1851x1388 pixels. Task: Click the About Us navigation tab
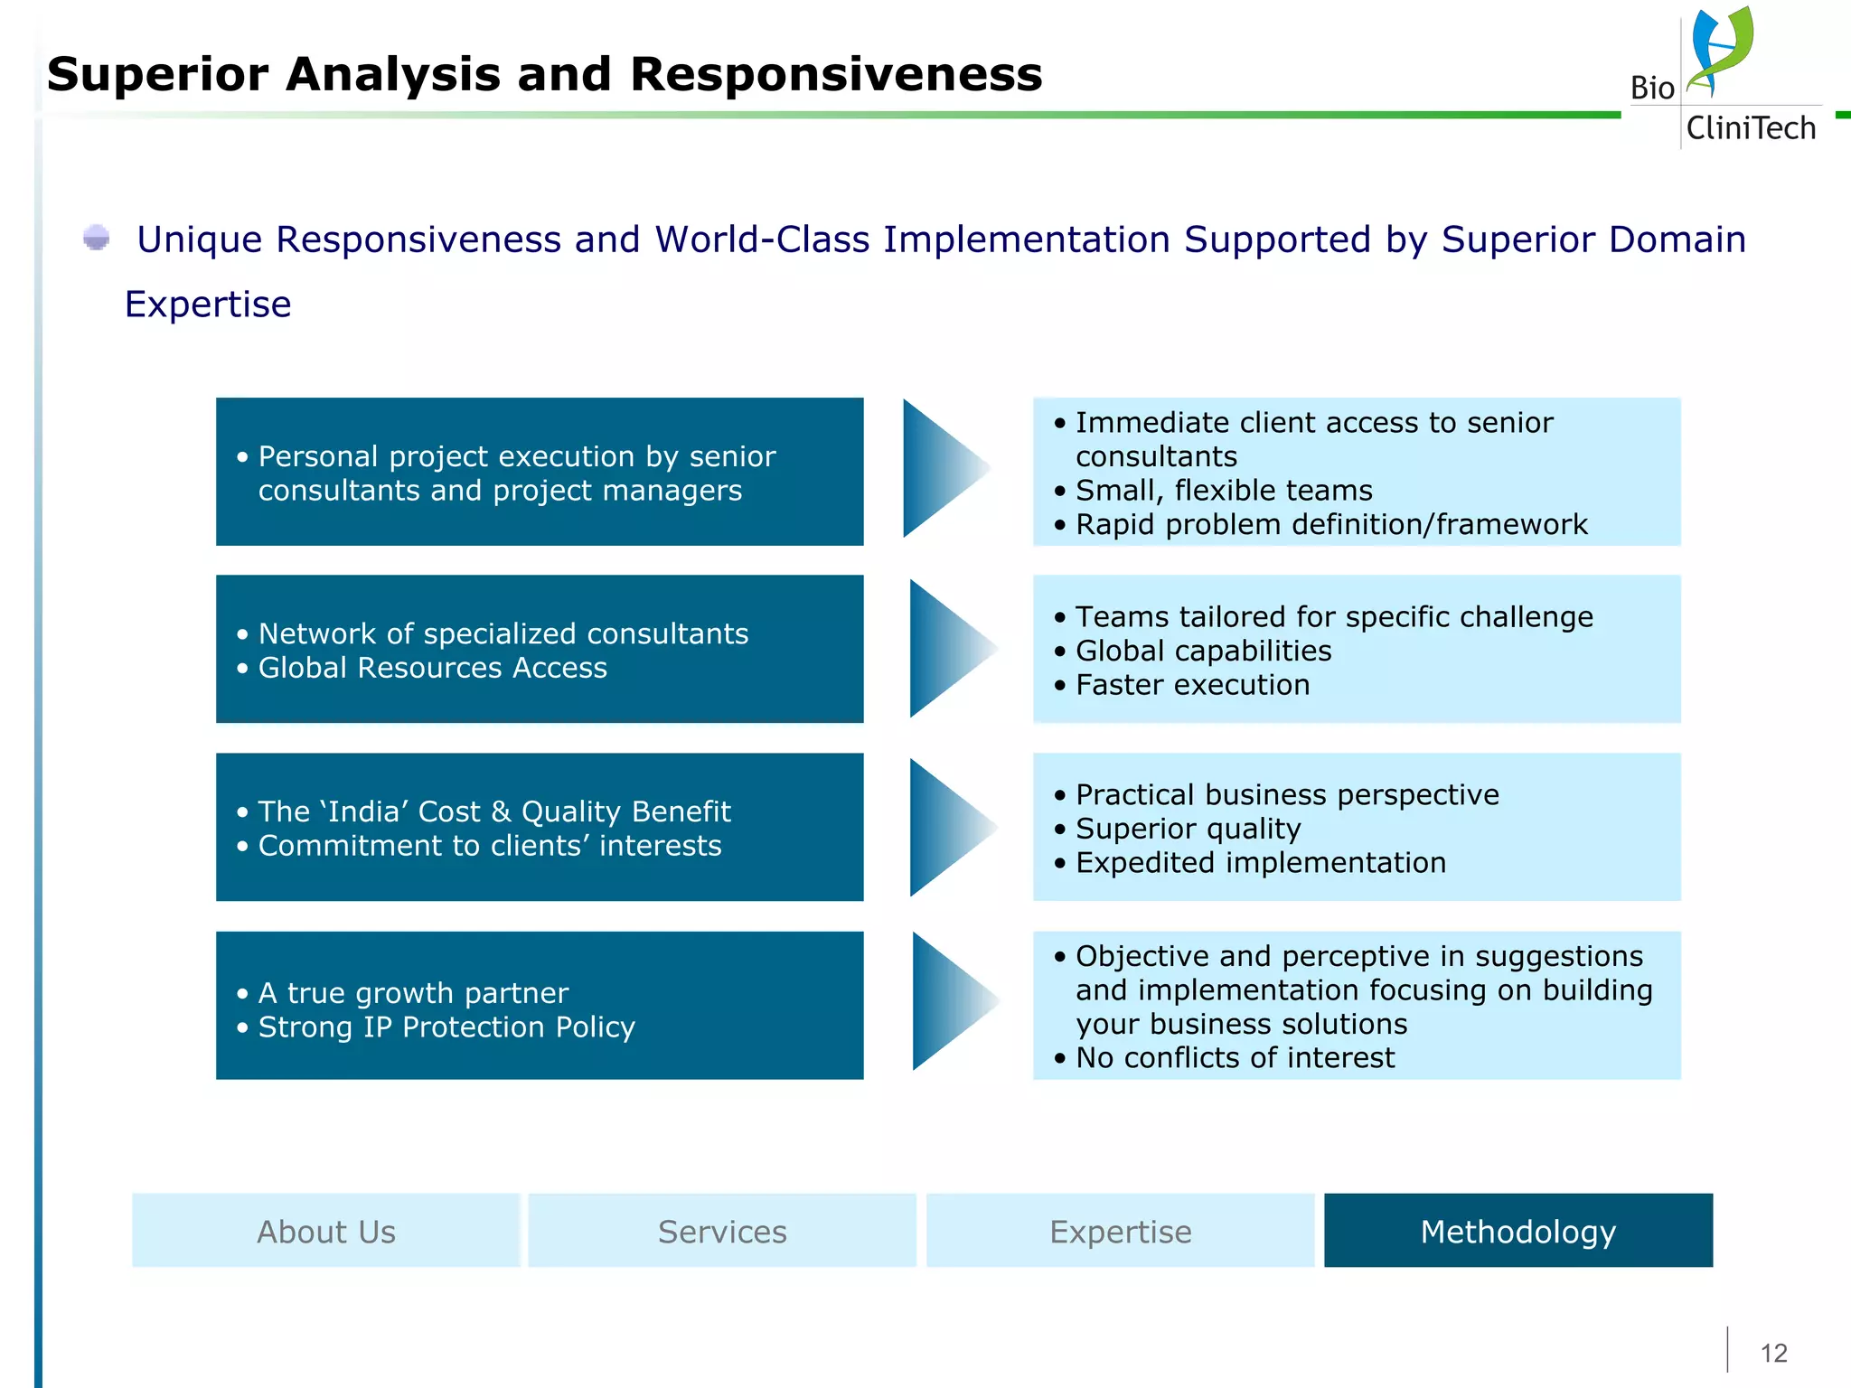click(x=326, y=1232)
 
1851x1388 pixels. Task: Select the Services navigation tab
click(x=722, y=1232)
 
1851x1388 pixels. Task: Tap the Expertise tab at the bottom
click(x=1120, y=1232)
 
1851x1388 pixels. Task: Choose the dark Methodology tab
click(x=1518, y=1232)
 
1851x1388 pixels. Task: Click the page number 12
click(x=1773, y=1353)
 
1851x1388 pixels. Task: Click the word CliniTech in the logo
click(x=1751, y=128)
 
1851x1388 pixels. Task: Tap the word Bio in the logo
click(x=1652, y=89)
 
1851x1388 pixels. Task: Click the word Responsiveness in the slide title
click(x=836, y=74)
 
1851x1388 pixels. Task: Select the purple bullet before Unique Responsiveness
click(x=96, y=239)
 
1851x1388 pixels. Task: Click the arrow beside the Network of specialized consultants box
click(x=949, y=648)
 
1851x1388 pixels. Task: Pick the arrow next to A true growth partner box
click(x=951, y=1001)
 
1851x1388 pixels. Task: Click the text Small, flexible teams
click(x=1224, y=491)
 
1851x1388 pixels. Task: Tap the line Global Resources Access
click(x=432, y=668)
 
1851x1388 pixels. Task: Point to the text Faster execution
click(x=1192, y=685)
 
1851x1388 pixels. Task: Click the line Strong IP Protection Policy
click(x=446, y=1027)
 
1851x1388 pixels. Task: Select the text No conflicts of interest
click(x=1235, y=1058)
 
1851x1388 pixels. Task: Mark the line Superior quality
click(x=1188, y=829)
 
